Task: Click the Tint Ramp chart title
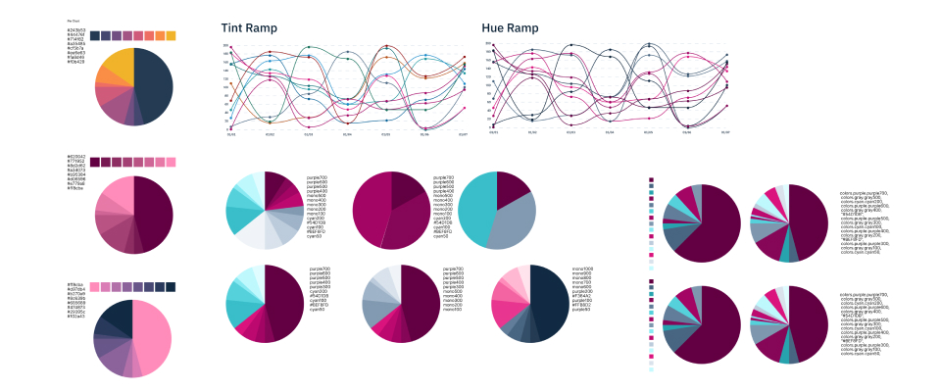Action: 249,29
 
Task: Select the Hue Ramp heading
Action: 513,29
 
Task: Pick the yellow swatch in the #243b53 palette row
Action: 171,36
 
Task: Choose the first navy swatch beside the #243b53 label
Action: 95,36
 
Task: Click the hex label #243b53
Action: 75,30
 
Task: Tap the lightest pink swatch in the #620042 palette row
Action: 171,161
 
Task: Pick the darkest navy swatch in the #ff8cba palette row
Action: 171,286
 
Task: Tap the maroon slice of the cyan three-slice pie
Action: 510,186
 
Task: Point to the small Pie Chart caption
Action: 74,20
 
